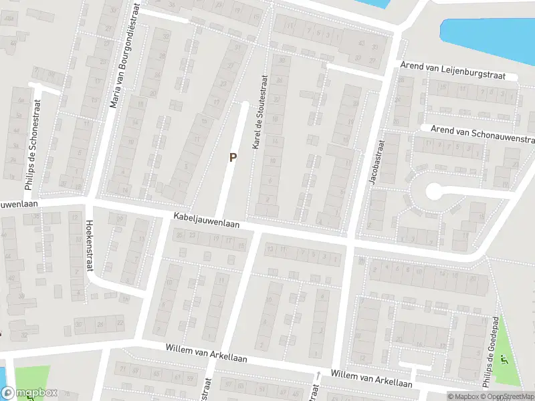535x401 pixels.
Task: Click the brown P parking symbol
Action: coord(233,158)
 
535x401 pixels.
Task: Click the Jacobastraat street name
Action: coord(373,161)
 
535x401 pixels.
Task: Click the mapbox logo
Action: coord(29,394)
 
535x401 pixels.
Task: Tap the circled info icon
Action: coord(439,396)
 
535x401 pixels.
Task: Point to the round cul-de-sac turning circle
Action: coord(433,192)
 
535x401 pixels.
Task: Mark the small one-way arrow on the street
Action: coord(319,374)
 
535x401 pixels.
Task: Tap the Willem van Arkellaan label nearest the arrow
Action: coord(371,378)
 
